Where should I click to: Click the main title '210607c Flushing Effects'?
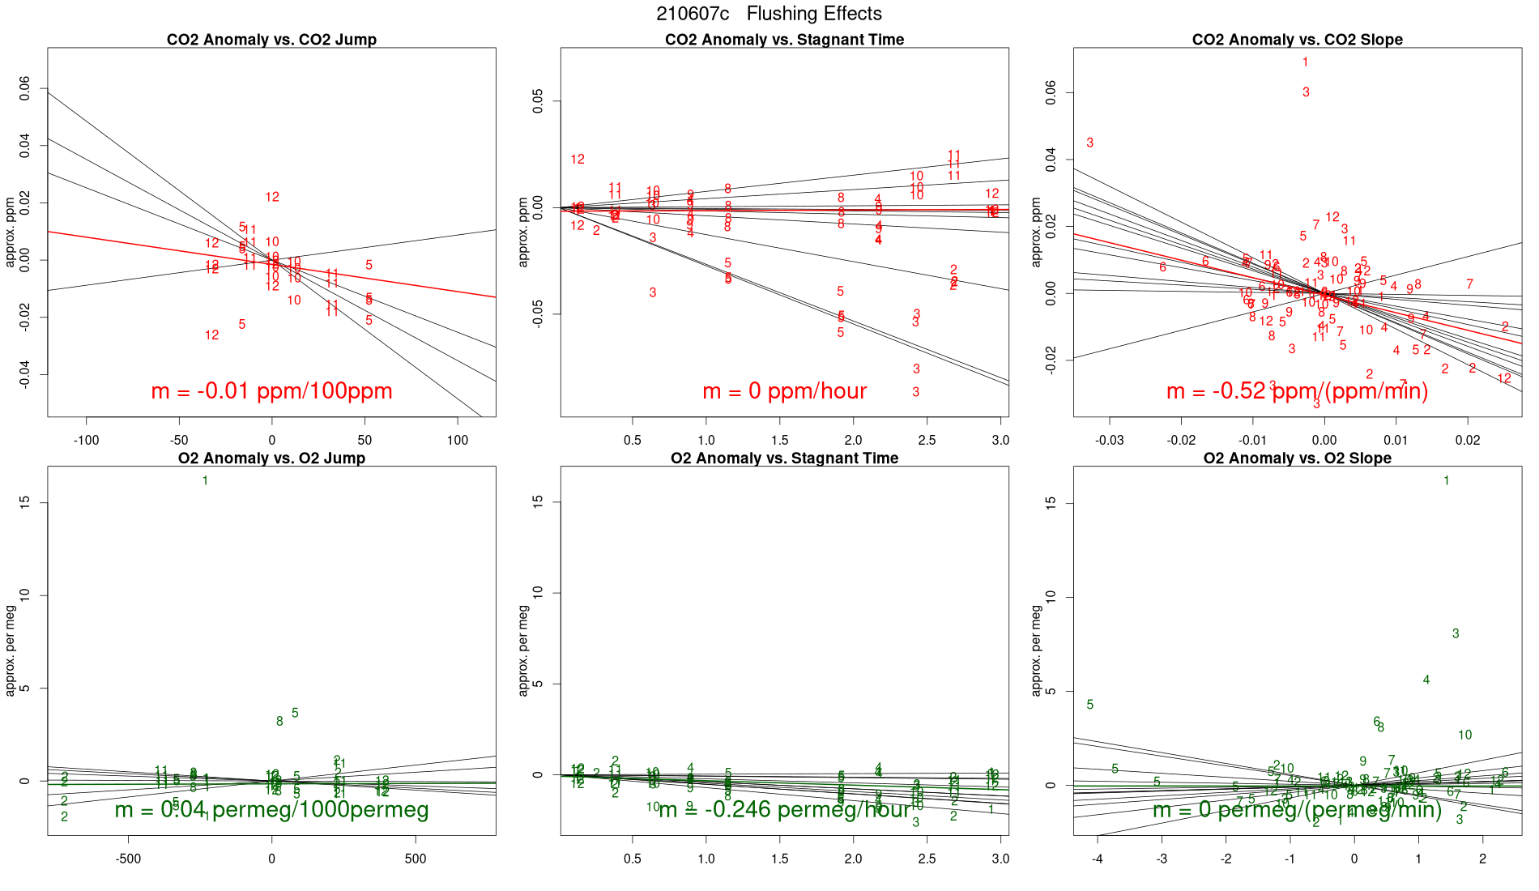pos(769,14)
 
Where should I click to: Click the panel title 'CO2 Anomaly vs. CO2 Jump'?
pos(271,40)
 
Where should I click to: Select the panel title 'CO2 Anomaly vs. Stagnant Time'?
pos(784,40)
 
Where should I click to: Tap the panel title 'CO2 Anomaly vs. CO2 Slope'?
pos(1297,40)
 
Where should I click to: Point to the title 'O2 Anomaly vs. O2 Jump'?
pos(271,458)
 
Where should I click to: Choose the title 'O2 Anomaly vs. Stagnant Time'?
pos(784,458)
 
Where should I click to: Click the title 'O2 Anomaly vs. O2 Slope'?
pos(1297,458)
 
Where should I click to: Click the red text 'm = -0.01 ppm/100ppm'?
pos(271,391)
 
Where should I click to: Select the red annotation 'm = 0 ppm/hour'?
pos(784,391)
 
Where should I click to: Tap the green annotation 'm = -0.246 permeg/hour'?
pos(784,810)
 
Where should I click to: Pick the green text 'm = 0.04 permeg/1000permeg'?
pos(271,810)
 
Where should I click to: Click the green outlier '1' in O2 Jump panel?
pos(205,481)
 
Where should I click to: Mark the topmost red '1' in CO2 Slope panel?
pos(1306,62)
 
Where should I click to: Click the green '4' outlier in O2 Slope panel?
pos(1426,680)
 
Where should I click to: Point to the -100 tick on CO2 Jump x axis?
pos(87,441)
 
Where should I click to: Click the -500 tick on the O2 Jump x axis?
pos(128,859)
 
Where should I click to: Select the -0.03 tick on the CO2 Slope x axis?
pos(1110,441)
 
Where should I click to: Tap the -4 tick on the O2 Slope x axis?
pos(1098,859)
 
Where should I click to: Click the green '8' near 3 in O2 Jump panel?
pos(279,722)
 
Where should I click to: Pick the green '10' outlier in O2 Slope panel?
pos(1464,735)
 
